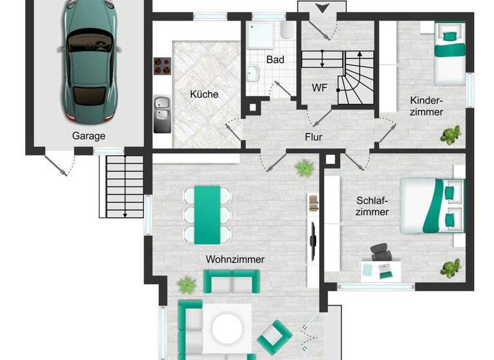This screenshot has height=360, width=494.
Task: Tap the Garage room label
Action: point(88,136)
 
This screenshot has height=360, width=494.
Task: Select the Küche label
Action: point(204,94)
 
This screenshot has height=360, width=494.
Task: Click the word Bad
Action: point(275,59)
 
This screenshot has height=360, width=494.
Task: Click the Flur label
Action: point(313,137)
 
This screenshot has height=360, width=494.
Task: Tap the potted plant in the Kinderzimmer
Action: point(450,134)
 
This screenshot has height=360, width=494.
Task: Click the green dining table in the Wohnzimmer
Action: point(207,215)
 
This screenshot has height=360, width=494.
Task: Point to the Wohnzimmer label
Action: point(235,259)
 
